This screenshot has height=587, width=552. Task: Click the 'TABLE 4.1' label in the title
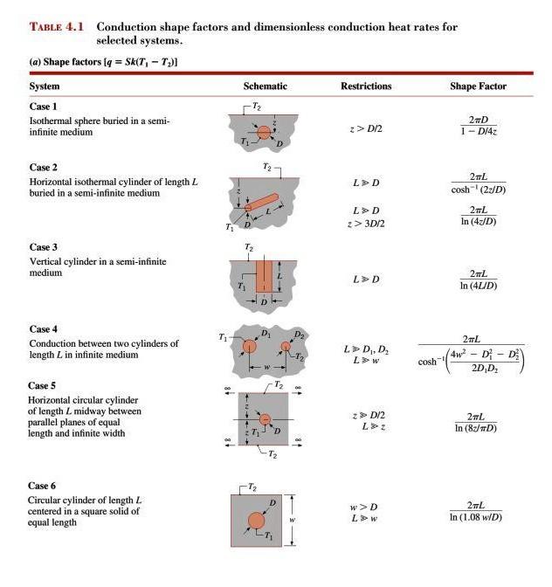tap(57, 27)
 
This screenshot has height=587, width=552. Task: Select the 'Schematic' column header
tap(265, 86)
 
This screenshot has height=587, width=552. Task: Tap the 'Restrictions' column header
tap(366, 86)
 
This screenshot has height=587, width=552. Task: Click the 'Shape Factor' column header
tap(478, 86)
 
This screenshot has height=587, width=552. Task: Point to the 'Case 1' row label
tap(44, 106)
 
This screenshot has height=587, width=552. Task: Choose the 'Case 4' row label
tap(44, 329)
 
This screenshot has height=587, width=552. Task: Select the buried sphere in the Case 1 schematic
tap(265, 132)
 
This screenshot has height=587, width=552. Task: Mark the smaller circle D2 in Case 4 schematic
tap(286, 348)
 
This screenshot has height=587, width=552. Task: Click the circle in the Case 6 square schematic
tap(256, 521)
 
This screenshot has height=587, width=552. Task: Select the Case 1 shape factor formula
tap(478, 126)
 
